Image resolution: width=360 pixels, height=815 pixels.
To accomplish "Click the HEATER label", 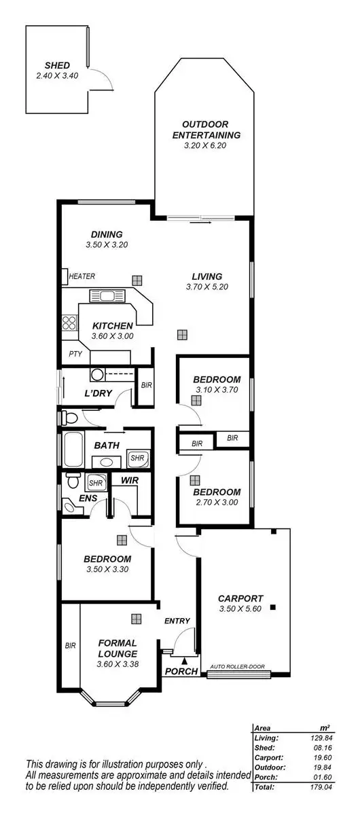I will [x=82, y=276].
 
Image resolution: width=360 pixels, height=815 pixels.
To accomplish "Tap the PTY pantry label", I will [x=75, y=354].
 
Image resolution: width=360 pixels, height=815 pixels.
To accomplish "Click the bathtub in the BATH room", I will [x=72, y=449].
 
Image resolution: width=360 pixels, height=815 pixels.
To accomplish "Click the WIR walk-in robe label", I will [x=130, y=480].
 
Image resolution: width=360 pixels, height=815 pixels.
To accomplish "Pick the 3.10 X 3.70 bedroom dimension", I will [x=217, y=390].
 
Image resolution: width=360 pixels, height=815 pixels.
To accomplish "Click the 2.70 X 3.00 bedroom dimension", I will [x=217, y=503].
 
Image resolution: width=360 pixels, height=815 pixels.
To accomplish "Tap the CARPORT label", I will [x=240, y=598].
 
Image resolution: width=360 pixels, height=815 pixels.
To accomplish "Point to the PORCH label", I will [x=181, y=671].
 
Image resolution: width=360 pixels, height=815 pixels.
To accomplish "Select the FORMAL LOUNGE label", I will [x=118, y=648].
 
